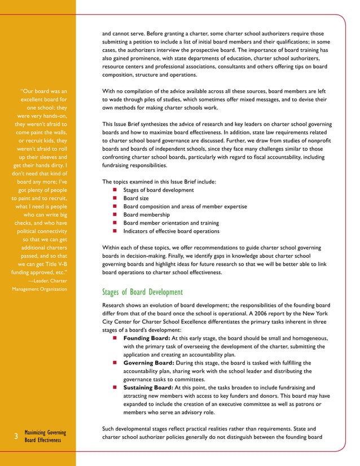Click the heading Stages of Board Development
point(142,292)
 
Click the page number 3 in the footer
point(15,436)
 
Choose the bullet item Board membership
point(146,215)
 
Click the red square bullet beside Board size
point(115,199)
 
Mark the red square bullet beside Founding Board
point(115,338)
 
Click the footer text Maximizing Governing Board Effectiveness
point(46,437)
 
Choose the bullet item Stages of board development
point(155,190)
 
